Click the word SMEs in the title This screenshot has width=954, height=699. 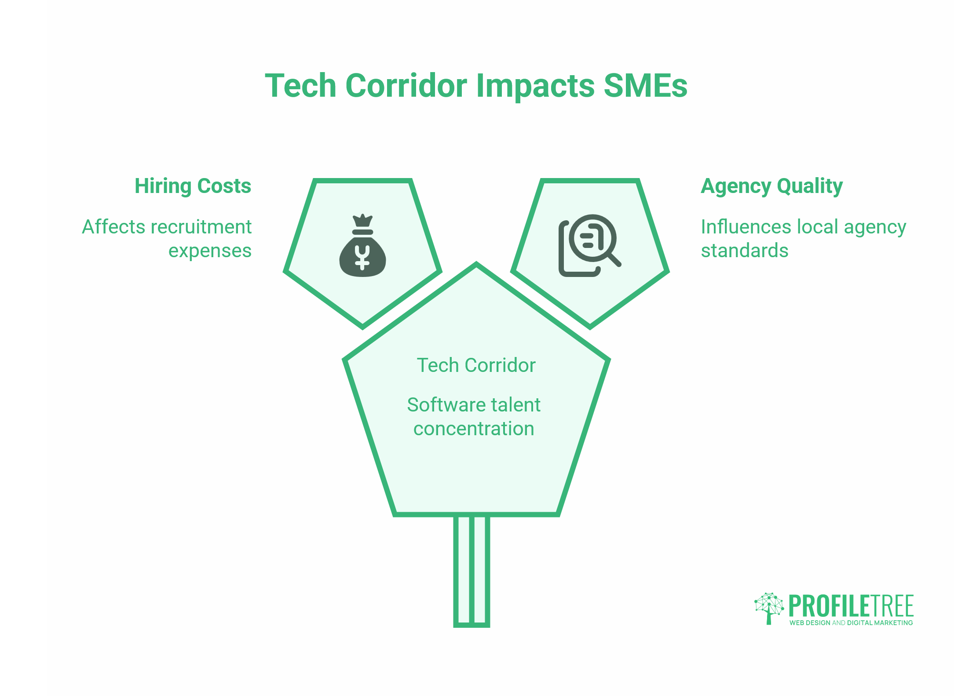[x=645, y=85]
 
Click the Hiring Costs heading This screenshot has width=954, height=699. [x=193, y=186]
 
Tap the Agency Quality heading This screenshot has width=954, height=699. [x=772, y=186]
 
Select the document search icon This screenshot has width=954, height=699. [x=590, y=245]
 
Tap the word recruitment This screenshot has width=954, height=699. [x=201, y=227]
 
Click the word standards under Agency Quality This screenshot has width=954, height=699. [x=745, y=251]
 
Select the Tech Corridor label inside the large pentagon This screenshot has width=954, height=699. [x=476, y=365]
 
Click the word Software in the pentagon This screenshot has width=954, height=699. [x=445, y=404]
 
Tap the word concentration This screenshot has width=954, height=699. [x=474, y=429]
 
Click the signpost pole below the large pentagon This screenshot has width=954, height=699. [x=472, y=571]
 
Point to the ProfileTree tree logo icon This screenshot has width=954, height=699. [x=769, y=608]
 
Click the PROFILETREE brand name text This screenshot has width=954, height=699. [x=851, y=606]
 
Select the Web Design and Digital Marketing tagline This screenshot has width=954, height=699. [x=851, y=623]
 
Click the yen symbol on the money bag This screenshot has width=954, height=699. [x=362, y=258]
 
